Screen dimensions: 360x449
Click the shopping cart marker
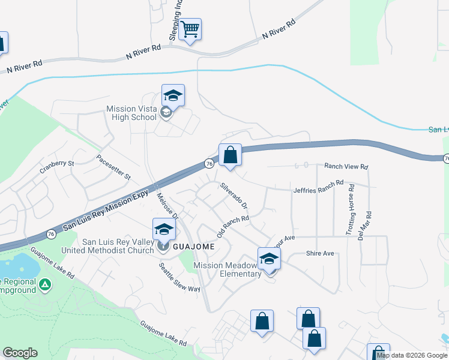tap(190, 29)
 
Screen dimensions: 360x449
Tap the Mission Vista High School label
tap(131, 113)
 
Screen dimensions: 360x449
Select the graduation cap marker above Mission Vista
tap(173, 95)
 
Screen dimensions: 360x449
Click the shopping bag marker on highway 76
tap(230, 155)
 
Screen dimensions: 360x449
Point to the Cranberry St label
tap(58, 163)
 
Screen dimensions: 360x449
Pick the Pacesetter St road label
tap(113, 167)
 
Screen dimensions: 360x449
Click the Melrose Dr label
tap(166, 204)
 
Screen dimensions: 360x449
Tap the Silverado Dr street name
tap(234, 196)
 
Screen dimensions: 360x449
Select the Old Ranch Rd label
tap(233, 227)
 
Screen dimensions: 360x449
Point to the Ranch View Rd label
tap(346, 166)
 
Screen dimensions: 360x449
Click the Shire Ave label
tap(319, 254)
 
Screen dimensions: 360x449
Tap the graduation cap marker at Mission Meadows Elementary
tap(270, 259)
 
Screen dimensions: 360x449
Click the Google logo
tap(20, 353)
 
